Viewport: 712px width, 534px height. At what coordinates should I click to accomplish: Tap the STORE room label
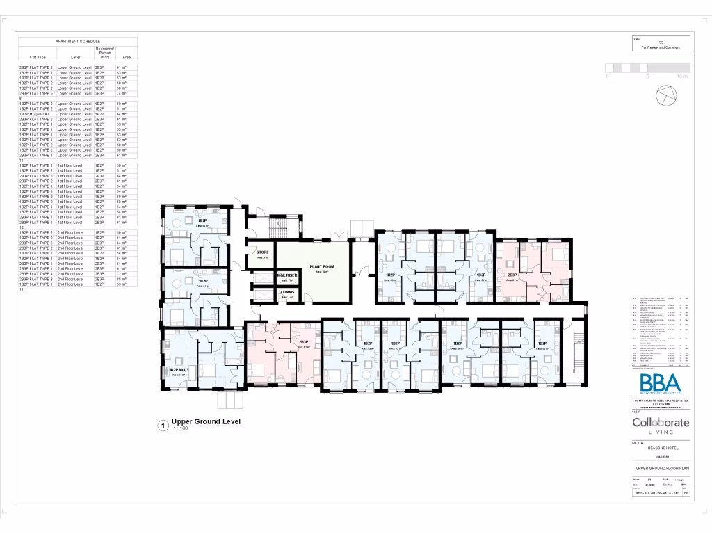point(263,252)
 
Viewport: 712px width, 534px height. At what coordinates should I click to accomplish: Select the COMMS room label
point(287,293)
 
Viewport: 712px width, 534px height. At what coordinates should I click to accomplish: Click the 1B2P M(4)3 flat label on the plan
point(179,370)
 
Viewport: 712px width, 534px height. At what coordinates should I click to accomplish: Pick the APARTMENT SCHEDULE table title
point(77,42)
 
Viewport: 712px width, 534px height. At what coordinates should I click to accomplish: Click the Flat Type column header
point(38,57)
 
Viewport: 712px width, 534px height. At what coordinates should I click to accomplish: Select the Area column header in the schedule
point(126,57)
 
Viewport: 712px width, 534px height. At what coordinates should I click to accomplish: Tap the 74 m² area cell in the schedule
point(121,93)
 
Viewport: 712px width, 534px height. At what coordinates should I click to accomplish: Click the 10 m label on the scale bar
point(681,76)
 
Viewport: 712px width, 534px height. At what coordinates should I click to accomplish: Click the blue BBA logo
point(661,385)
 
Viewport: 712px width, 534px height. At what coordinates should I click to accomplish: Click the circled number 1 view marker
point(162,424)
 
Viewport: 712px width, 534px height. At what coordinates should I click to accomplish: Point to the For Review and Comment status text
point(661,47)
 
